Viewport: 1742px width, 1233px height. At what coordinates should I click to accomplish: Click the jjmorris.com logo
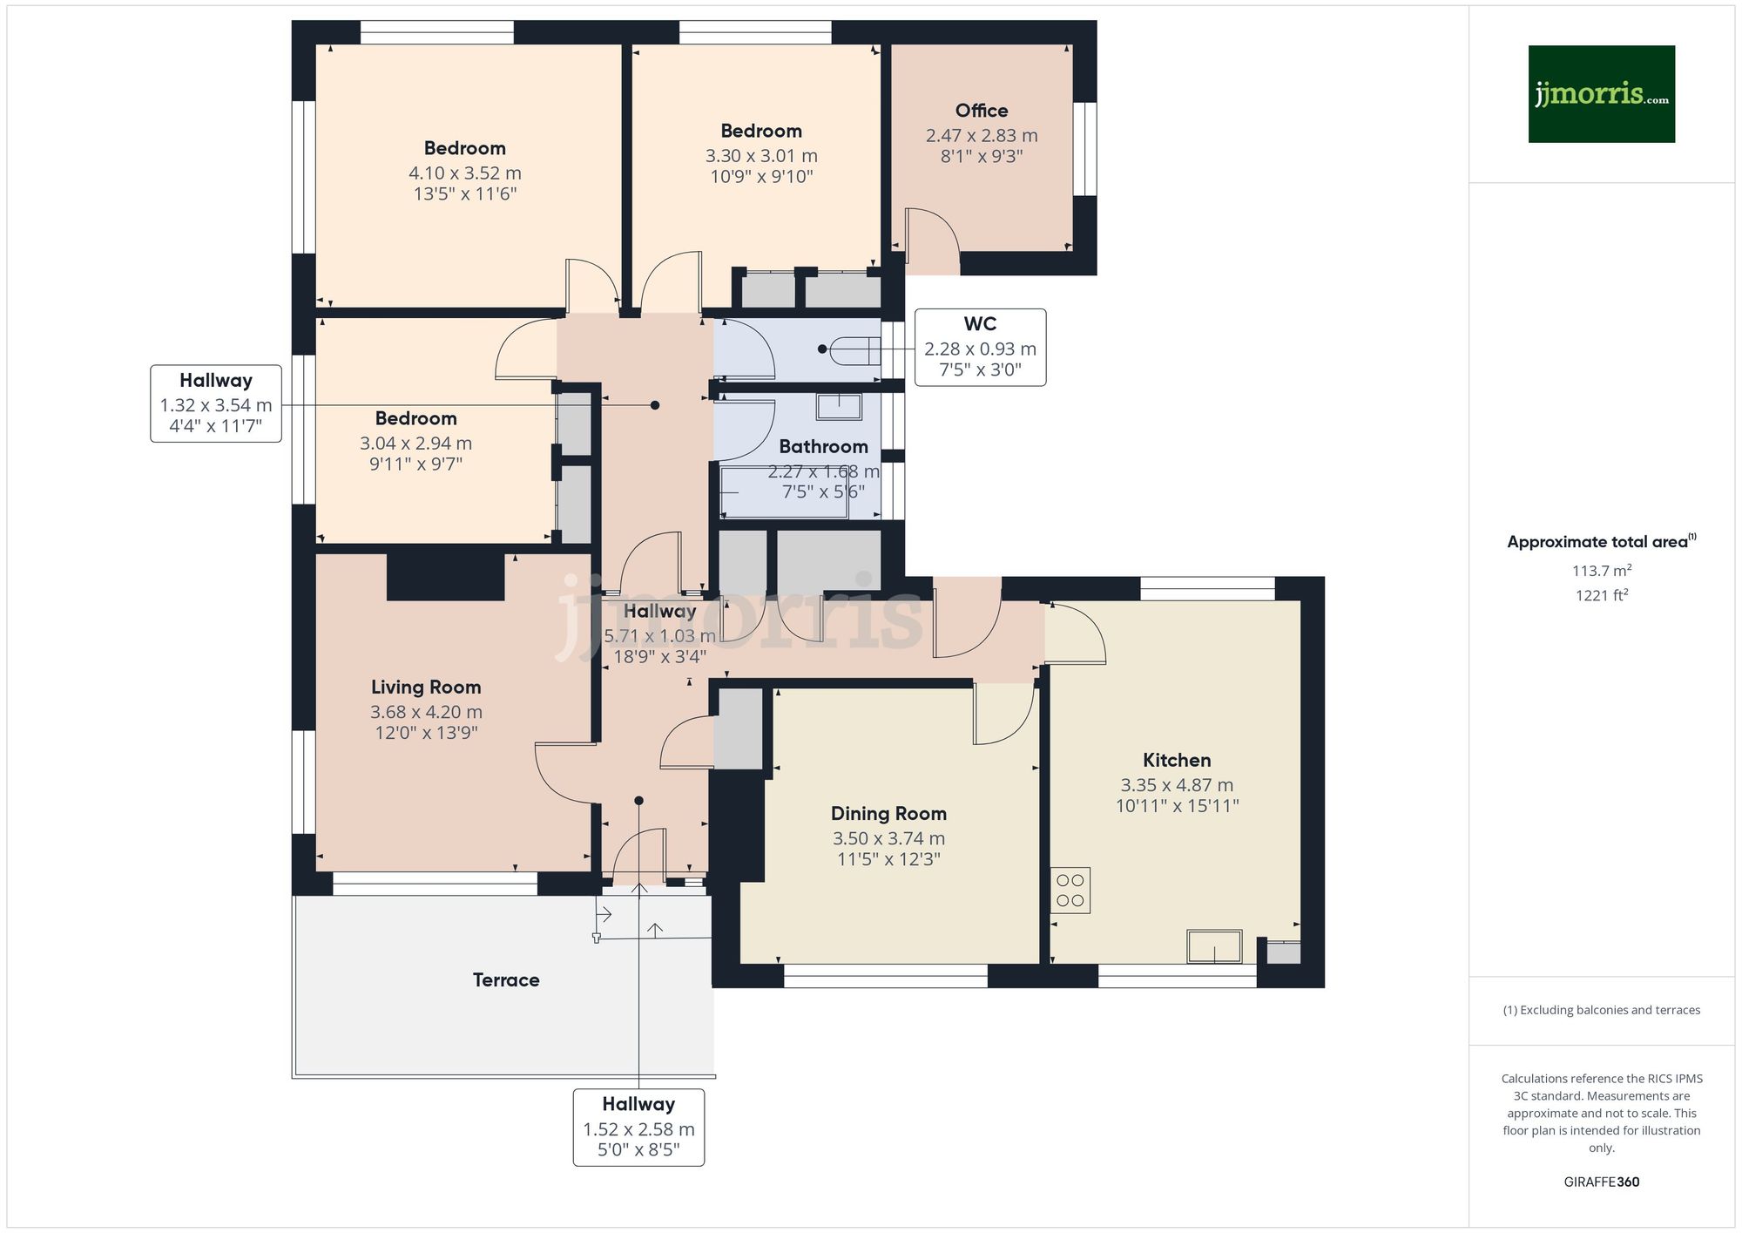[x=1601, y=94]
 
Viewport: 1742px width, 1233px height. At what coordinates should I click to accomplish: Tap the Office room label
[x=982, y=111]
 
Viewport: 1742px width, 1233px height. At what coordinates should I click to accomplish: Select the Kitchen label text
[x=1177, y=760]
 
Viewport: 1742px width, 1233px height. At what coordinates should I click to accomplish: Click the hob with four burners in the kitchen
[x=1070, y=890]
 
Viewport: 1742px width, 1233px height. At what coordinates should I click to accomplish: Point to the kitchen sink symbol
[x=1214, y=946]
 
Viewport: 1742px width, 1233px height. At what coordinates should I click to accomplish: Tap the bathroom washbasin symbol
[x=839, y=406]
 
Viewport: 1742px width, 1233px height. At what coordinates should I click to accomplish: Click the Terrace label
[x=506, y=980]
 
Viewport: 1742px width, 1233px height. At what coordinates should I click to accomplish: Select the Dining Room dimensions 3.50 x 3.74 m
[x=888, y=838]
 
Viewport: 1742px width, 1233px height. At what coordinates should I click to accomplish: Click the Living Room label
[x=426, y=688]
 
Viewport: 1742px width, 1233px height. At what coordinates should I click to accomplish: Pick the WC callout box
[x=980, y=347]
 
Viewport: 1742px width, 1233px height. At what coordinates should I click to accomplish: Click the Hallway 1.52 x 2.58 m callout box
[x=638, y=1127]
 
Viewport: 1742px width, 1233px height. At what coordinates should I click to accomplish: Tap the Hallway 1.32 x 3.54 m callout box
[x=216, y=403]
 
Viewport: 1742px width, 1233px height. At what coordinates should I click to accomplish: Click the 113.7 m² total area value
[x=1601, y=571]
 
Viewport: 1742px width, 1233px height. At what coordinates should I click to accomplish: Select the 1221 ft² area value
[x=1601, y=596]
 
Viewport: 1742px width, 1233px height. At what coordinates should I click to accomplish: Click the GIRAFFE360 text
[x=1601, y=1182]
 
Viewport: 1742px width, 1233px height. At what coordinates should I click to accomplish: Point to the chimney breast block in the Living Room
[x=445, y=577]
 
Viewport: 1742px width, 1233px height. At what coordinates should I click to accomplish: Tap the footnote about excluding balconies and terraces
[x=1601, y=1010]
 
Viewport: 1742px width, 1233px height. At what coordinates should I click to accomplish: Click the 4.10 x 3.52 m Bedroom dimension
[x=465, y=173]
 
